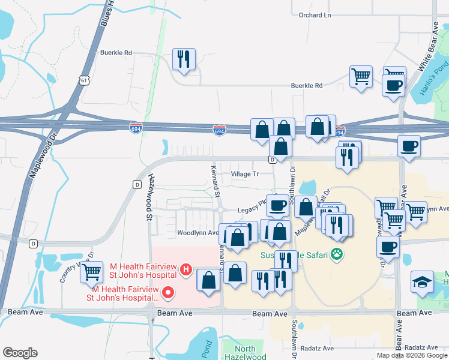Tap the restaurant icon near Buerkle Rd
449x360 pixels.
[x=183, y=59]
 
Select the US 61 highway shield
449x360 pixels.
[x=83, y=80]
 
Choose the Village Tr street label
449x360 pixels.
[x=244, y=174]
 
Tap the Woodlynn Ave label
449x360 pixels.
[x=197, y=232]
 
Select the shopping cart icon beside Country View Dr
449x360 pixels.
[x=91, y=272]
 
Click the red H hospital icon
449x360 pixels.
[x=186, y=270]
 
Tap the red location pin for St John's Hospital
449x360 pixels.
[x=168, y=293]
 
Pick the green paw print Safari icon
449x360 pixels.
[x=339, y=254]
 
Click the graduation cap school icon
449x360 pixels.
[x=421, y=281]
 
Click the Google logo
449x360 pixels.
[x=20, y=353]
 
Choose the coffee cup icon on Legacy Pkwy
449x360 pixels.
[x=277, y=205]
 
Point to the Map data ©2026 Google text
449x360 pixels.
[x=412, y=355]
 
